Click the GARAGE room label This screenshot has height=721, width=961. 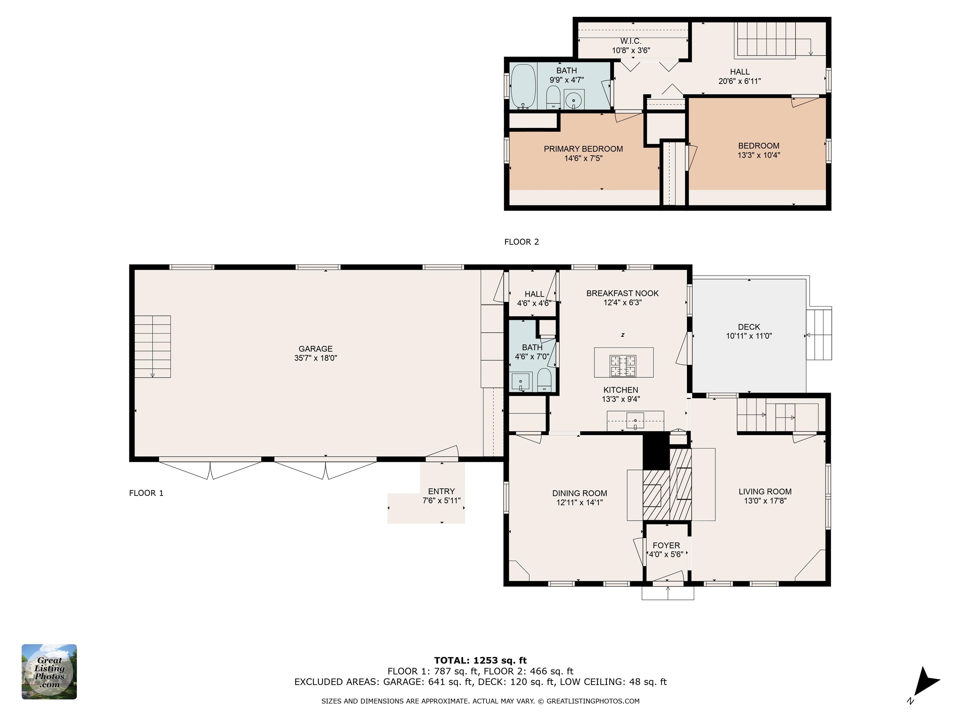click(x=315, y=349)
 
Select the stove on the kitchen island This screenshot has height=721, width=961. click(x=623, y=366)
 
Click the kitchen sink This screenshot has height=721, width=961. click(x=635, y=421)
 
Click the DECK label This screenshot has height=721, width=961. click(x=749, y=327)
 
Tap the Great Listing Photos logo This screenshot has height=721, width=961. click(x=49, y=672)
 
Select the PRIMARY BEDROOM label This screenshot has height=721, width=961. click(x=583, y=149)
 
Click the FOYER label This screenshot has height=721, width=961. click(x=666, y=545)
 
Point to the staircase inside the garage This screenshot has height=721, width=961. click(x=152, y=346)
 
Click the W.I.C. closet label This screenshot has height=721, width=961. click(x=631, y=41)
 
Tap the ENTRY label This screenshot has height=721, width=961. click(x=441, y=491)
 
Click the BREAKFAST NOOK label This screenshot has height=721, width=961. click(x=623, y=293)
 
